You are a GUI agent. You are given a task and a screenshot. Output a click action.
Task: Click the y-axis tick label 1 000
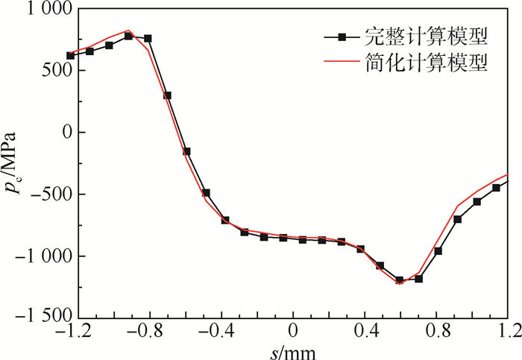click(44, 10)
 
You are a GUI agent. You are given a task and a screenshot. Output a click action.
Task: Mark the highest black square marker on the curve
click(128, 36)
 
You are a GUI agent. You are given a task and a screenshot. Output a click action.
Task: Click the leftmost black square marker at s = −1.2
click(70, 55)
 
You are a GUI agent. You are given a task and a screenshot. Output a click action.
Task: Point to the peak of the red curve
click(128, 31)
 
